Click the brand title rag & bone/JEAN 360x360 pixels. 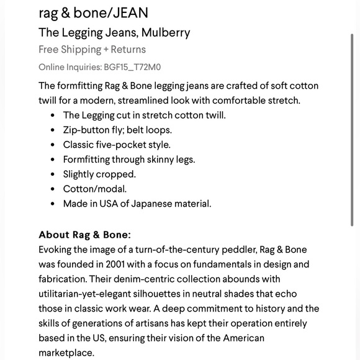click(93, 12)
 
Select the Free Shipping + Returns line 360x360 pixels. click(92, 50)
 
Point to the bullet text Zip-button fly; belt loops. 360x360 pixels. click(117, 130)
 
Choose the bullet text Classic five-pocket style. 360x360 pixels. click(117, 145)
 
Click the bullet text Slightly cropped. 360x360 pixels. click(99, 174)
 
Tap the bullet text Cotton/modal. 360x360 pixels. click(94, 189)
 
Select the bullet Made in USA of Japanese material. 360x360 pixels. click(137, 204)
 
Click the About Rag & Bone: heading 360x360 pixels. click(84, 235)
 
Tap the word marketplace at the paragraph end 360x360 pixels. click(66, 353)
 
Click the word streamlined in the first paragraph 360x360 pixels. click(127, 100)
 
